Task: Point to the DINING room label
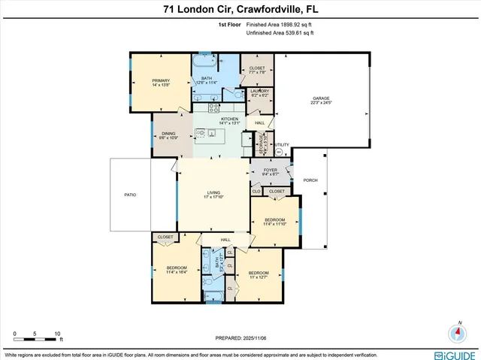168,135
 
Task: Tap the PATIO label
130,194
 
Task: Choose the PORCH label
310,180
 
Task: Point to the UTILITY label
281,145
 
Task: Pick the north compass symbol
458,332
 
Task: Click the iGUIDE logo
454,353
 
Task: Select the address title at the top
240,10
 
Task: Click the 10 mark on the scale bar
57,332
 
